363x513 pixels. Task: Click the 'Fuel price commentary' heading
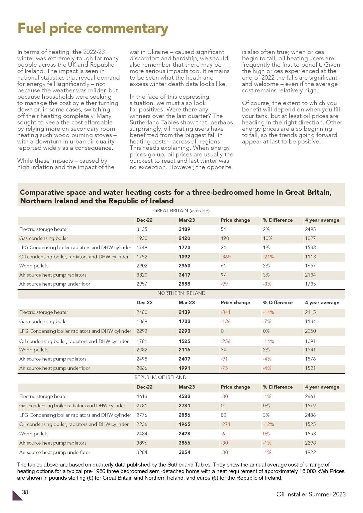click(x=93, y=28)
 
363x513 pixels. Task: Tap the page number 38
click(x=25, y=492)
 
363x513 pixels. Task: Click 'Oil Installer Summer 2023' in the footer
click(x=311, y=494)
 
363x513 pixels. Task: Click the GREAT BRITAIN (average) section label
click(x=181, y=211)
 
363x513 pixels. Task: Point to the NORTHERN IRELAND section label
click(x=181, y=293)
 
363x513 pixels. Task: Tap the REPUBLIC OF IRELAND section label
click(x=160, y=377)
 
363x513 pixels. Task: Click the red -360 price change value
click(x=226, y=256)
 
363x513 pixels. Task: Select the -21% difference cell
click(x=268, y=256)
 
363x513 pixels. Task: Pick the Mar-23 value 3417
click(x=184, y=275)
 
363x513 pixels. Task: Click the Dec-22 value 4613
click(x=142, y=396)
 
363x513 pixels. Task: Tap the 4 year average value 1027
click(x=310, y=238)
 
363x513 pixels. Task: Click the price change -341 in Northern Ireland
click(x=225, y=312)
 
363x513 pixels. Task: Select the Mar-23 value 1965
click(x=184, y=424)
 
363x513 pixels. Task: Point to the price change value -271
click(x=225, y=424)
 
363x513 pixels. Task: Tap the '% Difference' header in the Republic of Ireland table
click(x=278, y=387)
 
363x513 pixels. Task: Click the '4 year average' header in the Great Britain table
click(x=322, y=220)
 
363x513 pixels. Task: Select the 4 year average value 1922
click(x=310, y=452)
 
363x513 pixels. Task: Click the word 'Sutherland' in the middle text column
click(x=142, y=122)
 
